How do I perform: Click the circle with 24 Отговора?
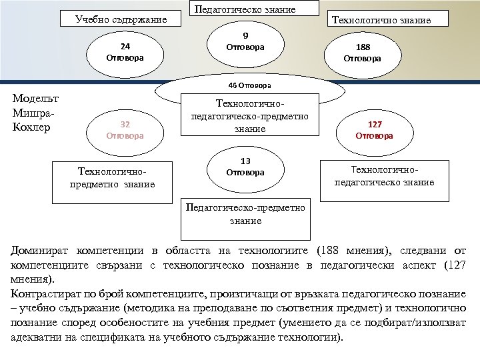coord(125,52)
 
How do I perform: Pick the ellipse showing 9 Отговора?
coord(245,42)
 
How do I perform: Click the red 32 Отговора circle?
coord(125,130)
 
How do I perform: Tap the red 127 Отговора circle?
coord(374,130)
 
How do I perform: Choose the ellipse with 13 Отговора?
coord(245,167)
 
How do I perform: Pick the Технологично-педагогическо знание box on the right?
coord(384,177)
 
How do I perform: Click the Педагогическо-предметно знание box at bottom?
coord(246,214)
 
